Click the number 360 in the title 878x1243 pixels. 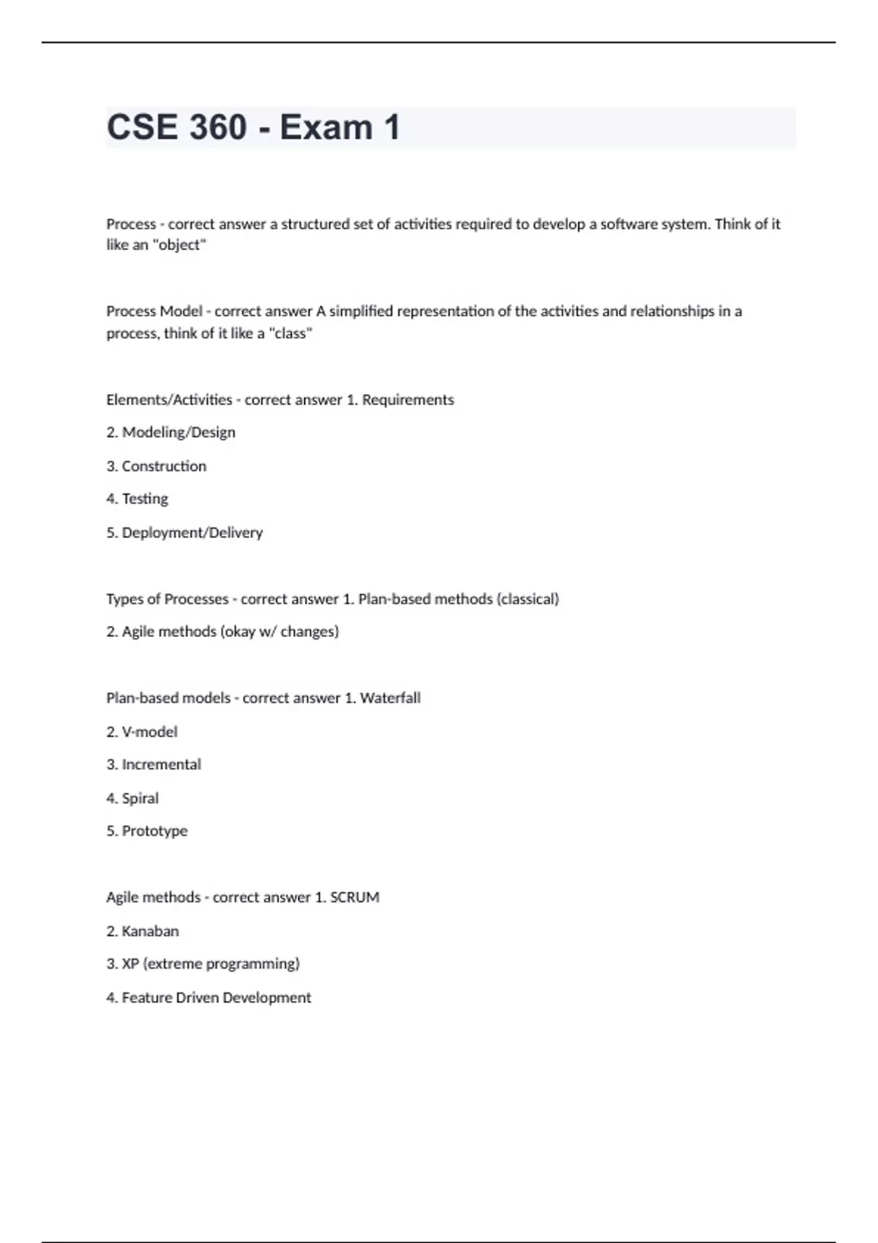pos(217,127)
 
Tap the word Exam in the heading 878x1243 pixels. pos(326,127)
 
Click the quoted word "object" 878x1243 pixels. pos(179,245)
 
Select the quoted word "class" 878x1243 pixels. pos(290,333)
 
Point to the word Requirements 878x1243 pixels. pos(408,400)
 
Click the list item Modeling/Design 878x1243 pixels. pos(179,432)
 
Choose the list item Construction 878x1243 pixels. pos(164,466)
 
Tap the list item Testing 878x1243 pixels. pos(145,499)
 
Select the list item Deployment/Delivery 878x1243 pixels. pos(192,532)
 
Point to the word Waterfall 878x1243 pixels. pos(390,698)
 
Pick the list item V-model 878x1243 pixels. pos(149,732)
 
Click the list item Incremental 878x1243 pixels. pos(161,765)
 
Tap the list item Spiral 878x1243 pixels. pos(140,798)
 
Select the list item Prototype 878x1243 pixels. pos(154,831)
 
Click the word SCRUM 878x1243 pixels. pos(354,897)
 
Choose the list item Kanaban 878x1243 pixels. pos(150,931)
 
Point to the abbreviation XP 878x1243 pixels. pos(130,964)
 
